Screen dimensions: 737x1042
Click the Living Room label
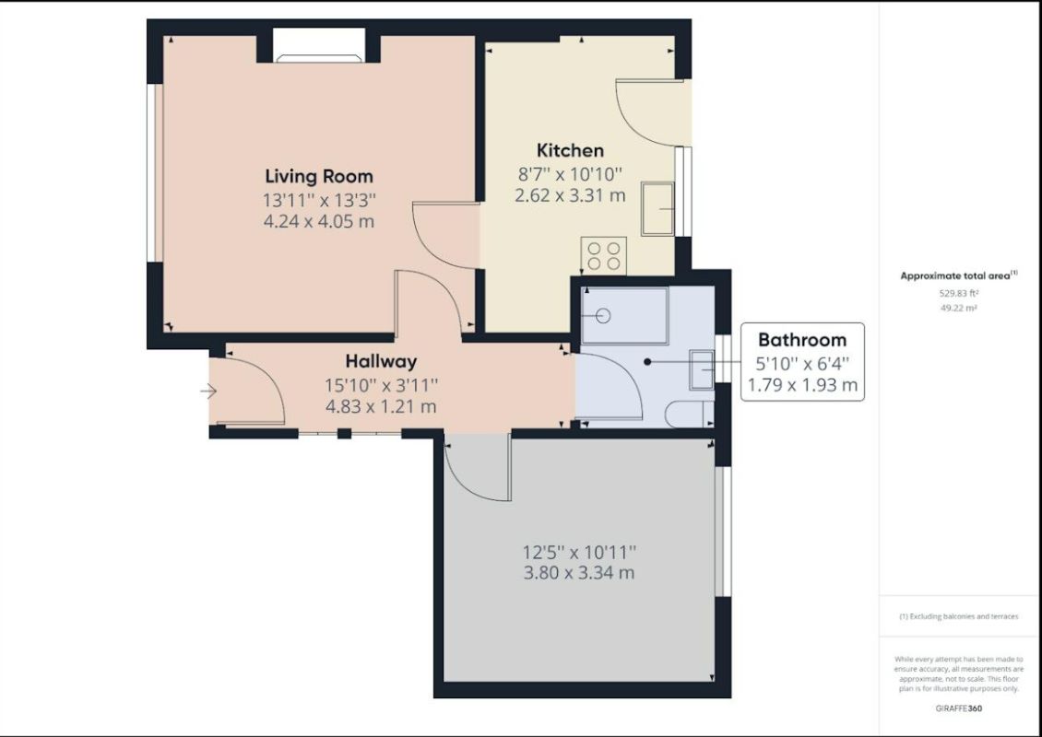(x=319, y=175)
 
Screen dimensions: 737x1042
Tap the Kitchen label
(x=570, y=150)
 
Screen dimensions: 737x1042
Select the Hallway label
(x=381, y=361)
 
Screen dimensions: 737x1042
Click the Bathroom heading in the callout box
(x=801, y=339)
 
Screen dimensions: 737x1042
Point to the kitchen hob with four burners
(x=604, y=253)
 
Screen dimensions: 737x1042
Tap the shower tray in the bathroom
(x=624, y=316)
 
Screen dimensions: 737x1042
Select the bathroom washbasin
(x=703, y=370)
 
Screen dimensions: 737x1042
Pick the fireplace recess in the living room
(x=319, y=46)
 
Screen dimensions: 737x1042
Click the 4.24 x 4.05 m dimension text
(x=319, y=221)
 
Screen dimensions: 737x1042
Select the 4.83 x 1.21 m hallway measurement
(x=381, y=406)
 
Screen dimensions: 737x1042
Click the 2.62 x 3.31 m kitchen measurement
(x=570, y=195)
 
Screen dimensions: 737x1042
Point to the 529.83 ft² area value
(x=959, y=293)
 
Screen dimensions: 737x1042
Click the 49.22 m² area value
(x=959, y=309)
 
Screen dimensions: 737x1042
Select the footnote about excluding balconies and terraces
(x=959, y=616)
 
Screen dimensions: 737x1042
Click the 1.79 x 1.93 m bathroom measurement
(x=801, y=384)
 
